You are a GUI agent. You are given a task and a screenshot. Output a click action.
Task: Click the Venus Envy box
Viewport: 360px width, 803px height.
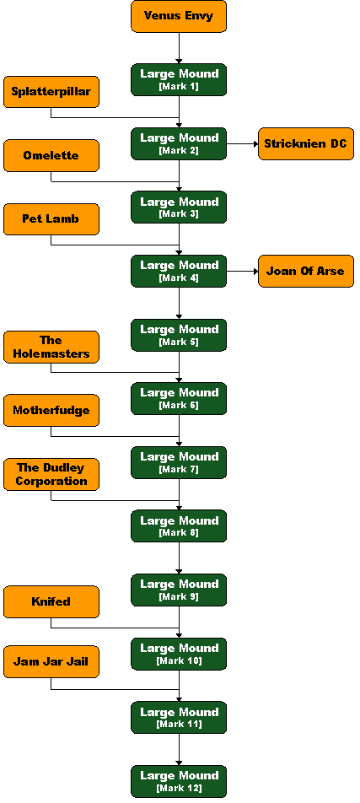(179, 16)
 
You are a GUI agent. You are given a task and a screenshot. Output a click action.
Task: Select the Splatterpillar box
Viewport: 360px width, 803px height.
(51, 92)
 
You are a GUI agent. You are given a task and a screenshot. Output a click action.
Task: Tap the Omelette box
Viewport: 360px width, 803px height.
(51, 156)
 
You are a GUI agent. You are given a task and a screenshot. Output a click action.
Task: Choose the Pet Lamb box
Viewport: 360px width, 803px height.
(51, 219)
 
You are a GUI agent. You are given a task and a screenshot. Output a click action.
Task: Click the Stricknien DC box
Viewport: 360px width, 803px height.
(306, 144)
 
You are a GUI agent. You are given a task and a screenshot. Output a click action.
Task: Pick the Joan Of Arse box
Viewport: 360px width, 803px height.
(306, 272)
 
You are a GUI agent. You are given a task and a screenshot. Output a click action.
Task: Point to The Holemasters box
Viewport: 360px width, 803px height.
(51, 348)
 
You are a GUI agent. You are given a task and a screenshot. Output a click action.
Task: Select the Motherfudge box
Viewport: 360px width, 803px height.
(51, 411)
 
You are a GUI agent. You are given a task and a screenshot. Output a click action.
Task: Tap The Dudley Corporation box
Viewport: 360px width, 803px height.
(51, 475)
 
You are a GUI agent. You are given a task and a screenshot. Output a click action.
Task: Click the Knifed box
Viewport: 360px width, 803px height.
(51, 601)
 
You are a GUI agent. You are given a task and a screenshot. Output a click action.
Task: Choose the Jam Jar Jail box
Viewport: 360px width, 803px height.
(51, 662)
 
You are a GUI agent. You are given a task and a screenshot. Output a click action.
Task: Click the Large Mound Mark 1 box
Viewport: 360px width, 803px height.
(179, 80)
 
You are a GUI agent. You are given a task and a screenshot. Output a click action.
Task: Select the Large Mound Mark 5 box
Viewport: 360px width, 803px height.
(179, 336)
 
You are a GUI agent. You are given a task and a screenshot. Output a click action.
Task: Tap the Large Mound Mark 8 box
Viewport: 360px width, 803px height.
(179, 526)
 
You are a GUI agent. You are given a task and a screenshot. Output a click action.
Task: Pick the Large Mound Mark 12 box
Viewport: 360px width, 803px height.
(179, 781)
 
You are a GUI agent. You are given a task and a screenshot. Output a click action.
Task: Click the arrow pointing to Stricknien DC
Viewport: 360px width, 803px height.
(242, 144)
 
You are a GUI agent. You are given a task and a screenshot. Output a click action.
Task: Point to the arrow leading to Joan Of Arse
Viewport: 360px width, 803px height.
(242, 272)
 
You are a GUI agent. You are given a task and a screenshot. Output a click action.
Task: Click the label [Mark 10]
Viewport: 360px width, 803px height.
(179, 660)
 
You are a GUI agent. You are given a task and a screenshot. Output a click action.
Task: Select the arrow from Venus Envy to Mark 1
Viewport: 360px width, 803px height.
(179, 48)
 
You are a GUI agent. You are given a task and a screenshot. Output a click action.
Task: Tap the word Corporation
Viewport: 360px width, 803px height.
(51, 482)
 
